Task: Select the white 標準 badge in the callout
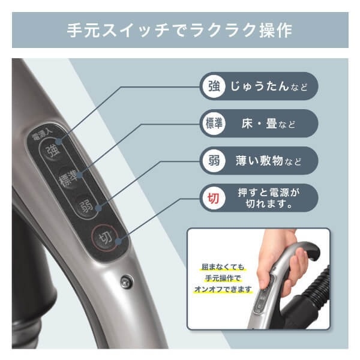214,124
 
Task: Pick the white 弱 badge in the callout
214,161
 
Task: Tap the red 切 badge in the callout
214,198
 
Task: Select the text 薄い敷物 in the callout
260,161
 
